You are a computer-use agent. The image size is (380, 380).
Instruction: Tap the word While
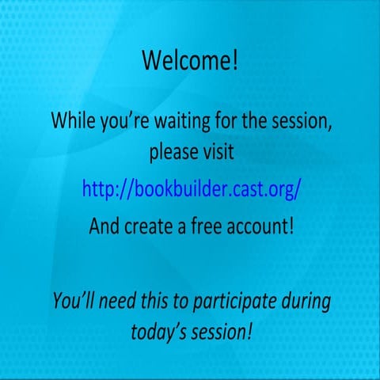[72, 122]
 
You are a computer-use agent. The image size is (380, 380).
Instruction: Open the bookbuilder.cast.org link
[192, 189]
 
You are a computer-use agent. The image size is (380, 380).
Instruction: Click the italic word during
[303, 301]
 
